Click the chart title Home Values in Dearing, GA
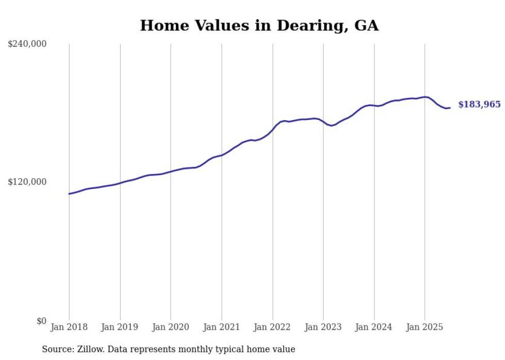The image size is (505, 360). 259,26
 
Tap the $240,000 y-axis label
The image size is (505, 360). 27,44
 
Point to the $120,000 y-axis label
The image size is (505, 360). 27,182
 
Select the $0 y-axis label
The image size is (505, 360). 41,321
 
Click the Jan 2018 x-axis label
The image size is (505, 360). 69,327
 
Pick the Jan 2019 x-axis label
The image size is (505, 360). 120,327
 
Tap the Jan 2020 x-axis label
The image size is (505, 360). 171,327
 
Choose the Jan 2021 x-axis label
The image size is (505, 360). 222,327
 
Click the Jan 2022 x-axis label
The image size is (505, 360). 273,327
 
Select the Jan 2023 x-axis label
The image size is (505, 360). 323,327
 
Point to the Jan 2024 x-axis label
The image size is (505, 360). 374,327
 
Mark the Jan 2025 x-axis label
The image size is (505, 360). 425,327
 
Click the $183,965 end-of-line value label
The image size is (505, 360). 479,105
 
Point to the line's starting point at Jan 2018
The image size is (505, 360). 69,194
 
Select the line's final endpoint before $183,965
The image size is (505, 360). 450,108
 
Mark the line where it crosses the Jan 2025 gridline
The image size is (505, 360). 425,97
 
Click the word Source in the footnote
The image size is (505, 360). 56,349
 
